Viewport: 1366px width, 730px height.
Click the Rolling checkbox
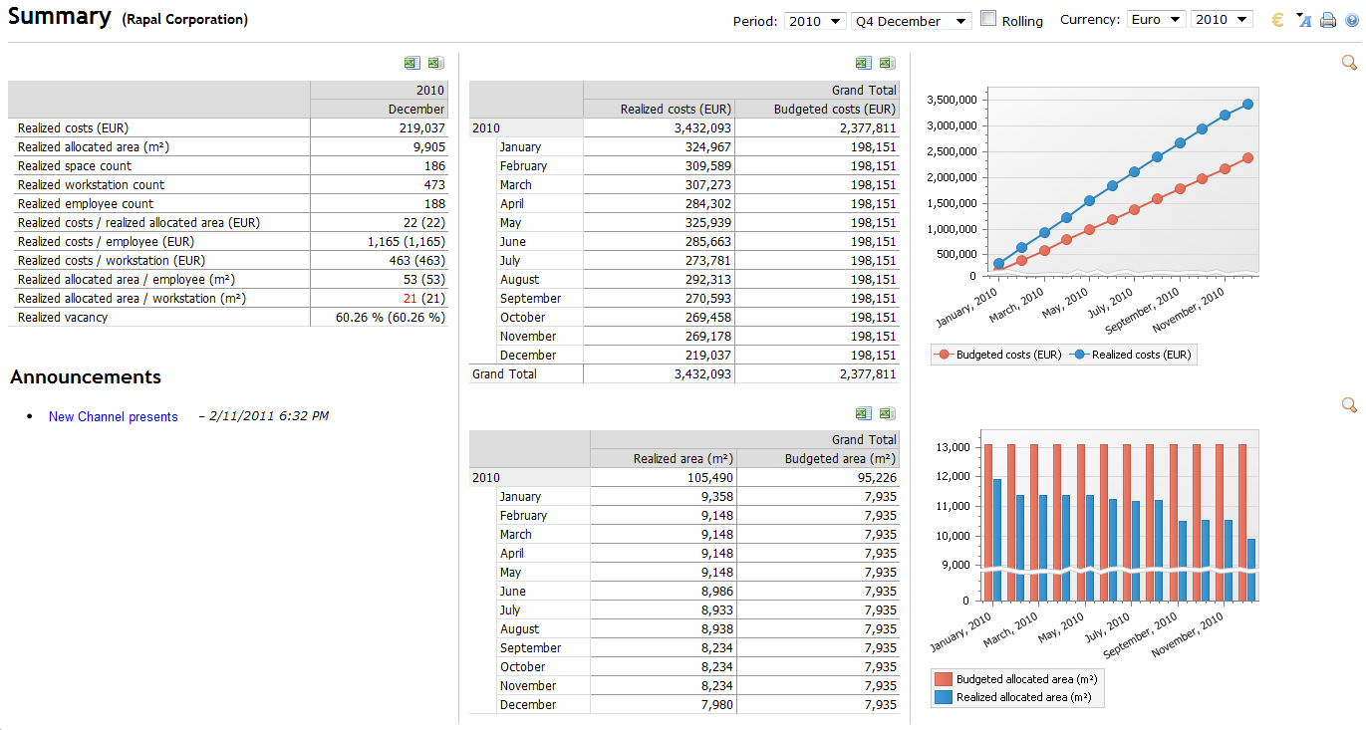click(x=988, y=19)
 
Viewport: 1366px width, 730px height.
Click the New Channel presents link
click(x=114, y=417)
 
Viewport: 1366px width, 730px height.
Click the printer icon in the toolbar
click(x=1328, y=21)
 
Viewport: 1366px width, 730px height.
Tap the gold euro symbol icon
click(x=1278, y=20)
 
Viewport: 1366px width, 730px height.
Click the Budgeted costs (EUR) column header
click(x=835, y=110)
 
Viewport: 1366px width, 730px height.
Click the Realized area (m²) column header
click(x=683, y=459)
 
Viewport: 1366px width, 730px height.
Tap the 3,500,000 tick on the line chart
click(x=951, y=101)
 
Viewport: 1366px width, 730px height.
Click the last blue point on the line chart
click(x=1247, y=105)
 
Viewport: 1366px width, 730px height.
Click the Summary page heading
click(x=60, y=17)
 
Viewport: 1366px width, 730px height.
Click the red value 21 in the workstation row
click(x=410, y=299)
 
